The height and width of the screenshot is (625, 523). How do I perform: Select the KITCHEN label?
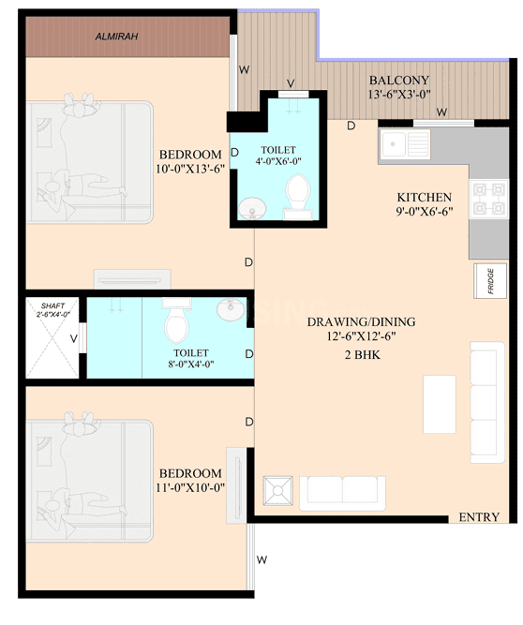click(425, 197)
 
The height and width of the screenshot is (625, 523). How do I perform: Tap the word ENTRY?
click(479, 517)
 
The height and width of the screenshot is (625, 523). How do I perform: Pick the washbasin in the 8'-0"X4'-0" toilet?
click(228, 308)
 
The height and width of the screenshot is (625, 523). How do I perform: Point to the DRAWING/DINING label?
click(361, 322)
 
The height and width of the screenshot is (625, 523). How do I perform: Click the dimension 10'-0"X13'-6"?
click(190, 170)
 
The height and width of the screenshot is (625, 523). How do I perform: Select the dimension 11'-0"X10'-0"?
click(190, 489)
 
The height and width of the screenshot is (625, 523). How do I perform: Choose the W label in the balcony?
click(441, 112)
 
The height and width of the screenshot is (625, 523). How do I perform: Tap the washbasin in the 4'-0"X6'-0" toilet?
click(250, 207)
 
